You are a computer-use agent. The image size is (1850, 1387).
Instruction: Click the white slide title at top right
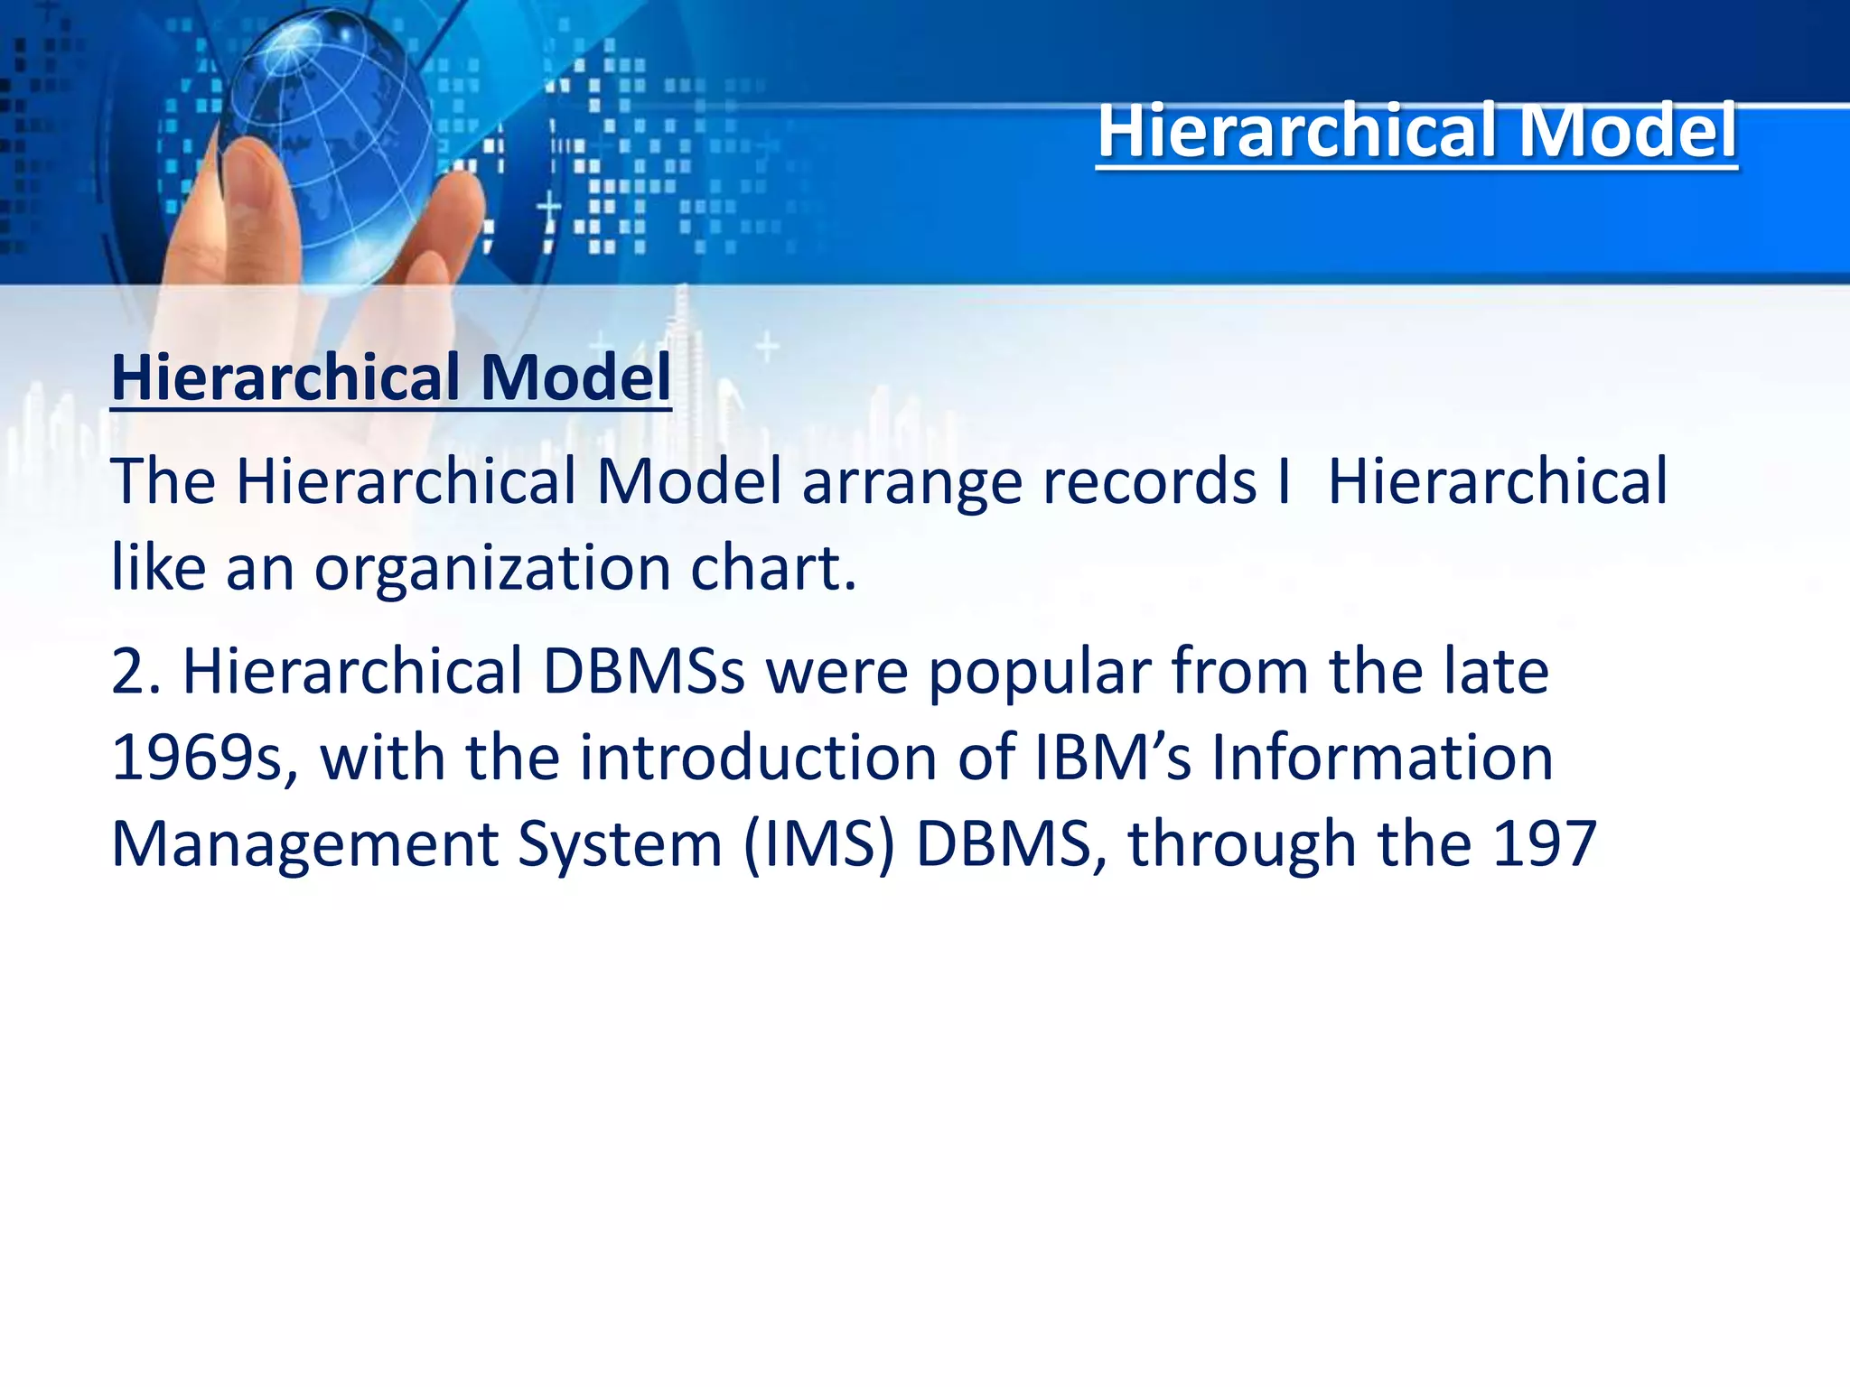click(x=1416, y=132)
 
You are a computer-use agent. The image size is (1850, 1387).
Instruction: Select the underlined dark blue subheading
click(x=390, y=377)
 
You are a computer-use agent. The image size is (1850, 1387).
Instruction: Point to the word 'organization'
click(x=491, y=569)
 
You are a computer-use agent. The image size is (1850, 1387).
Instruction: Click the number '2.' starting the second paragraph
click(x=136, y=672)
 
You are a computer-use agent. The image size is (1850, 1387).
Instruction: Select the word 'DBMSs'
click(x=643, y=672)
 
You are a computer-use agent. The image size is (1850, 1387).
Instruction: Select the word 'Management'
click(x=304, y=845)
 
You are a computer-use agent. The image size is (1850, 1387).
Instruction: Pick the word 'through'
click(x=1242, y=845)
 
